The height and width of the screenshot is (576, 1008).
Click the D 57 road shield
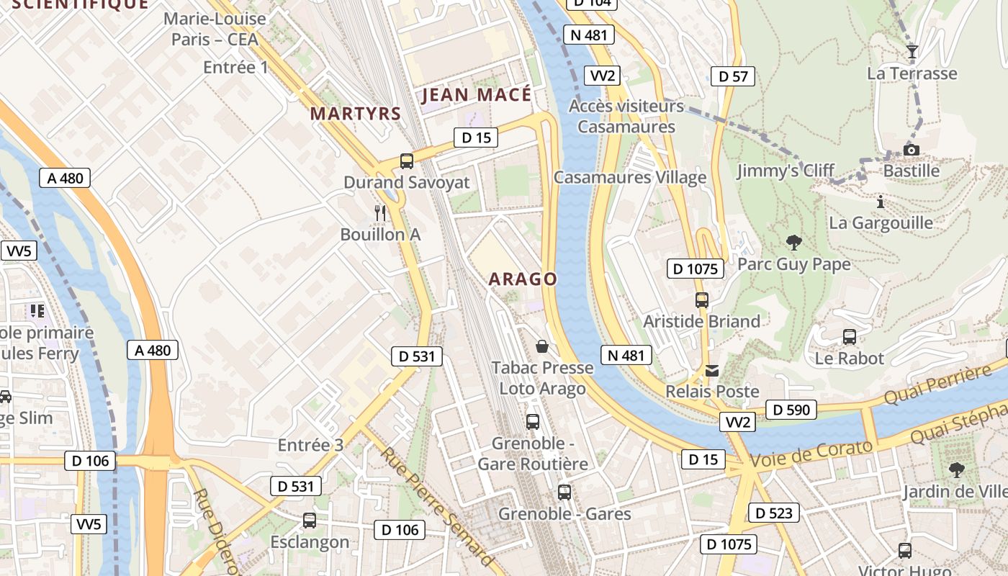[733, 76]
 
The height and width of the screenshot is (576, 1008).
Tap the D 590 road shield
[791, 410]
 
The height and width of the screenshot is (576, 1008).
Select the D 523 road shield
[774, 513]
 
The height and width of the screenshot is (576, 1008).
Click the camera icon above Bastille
[912, 150]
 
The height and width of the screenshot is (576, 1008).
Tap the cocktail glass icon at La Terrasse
[912, 51]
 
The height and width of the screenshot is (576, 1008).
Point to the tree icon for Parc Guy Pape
[794, 243]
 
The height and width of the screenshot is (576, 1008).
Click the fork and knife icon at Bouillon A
[380, 213]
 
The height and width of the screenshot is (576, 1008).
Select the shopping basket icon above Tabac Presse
[542, 347]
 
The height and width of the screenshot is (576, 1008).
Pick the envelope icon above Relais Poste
[712, 371]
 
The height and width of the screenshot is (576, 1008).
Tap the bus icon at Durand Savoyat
[407, 161]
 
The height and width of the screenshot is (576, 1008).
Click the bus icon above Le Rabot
[850, 336]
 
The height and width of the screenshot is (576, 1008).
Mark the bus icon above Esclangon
[310, 520]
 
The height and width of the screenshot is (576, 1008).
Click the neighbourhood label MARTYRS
[355, 114]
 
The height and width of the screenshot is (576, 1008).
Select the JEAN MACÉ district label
[476, 95]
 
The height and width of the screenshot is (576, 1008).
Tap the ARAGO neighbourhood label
[523, 279]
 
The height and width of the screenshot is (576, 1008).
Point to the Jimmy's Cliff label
[785, 171]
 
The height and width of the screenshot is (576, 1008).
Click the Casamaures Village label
[630, 177]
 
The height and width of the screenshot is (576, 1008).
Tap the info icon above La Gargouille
[880, 202]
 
